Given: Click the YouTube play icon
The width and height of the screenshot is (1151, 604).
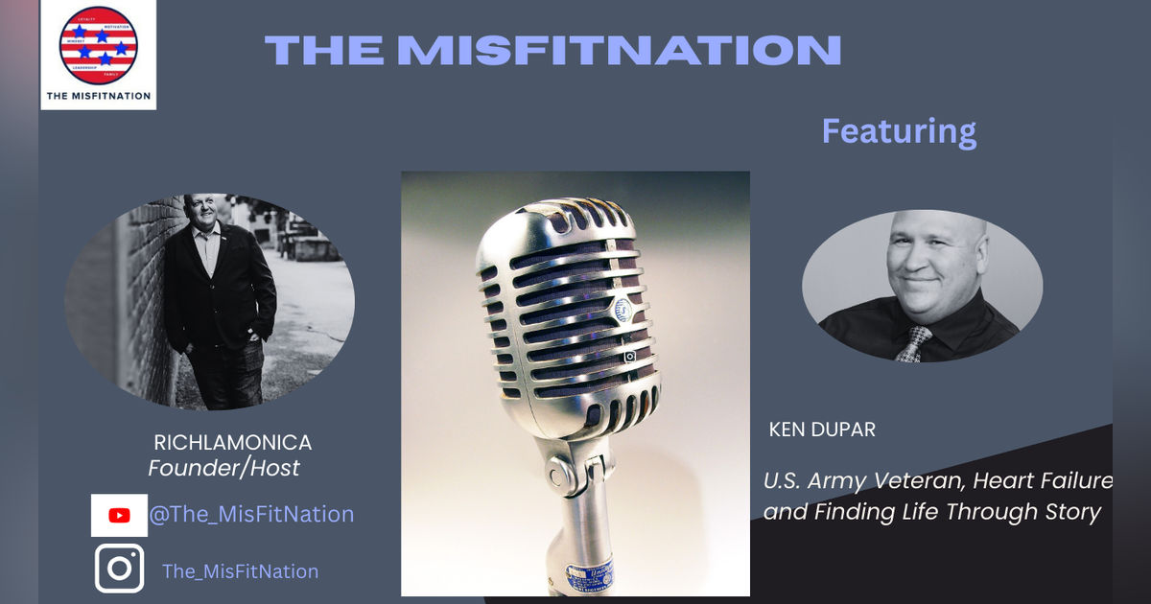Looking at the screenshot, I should click(119, 515).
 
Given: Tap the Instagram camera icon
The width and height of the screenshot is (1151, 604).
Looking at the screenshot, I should click(120, 569).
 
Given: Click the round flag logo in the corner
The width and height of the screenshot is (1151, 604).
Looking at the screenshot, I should click(99, 45).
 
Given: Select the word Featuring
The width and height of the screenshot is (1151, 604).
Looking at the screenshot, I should click(899, 130).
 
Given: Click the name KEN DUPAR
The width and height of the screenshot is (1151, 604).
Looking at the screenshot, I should click(822, 430).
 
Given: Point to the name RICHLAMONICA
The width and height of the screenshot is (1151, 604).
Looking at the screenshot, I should click(233, 443).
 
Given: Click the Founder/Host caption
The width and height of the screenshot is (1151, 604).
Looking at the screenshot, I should click(223, 468).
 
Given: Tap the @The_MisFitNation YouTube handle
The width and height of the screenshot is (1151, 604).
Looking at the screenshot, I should click(251, 514).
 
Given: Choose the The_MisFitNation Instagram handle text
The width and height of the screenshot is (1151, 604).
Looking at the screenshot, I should click(240, 571).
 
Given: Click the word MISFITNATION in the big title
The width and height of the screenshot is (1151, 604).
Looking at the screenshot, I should click(620, 50).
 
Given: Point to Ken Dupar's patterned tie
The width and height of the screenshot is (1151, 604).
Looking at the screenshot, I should click(913, 343).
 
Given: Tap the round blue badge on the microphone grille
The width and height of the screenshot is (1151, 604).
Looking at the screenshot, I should click(623, 310).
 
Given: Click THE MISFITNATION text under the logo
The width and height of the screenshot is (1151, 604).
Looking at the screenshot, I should click(98, 95).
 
